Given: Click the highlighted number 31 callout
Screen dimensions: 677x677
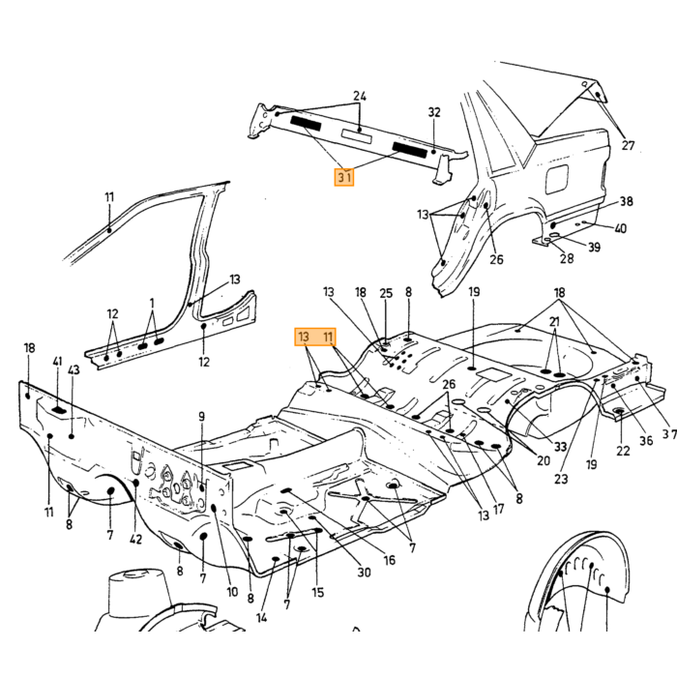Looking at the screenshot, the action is point(344,177).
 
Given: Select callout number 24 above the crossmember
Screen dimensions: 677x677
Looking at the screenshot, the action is point(360,96).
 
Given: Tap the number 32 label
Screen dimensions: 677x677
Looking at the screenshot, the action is point(434,112).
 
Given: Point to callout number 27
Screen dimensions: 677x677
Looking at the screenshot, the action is point(628,145).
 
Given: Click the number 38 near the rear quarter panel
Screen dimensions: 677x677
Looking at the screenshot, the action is point(627,201).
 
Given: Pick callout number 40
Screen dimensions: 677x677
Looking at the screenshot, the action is point(621,228).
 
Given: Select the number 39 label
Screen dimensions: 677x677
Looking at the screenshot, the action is point(595,247).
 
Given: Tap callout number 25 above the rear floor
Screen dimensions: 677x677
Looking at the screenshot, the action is point(386,294).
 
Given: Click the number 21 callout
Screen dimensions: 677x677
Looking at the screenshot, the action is point(554,322).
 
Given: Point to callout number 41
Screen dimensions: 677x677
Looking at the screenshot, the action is point(57,362).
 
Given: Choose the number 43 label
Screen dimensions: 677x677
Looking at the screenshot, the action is point(74,370).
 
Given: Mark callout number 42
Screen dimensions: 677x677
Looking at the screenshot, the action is point(135,540).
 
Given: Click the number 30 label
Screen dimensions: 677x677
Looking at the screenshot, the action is point(364,573).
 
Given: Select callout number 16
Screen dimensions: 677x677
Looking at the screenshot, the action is point(390,560).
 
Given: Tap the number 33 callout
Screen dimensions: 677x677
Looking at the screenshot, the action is point(560,447).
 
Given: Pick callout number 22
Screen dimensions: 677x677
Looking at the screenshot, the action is point(623,451).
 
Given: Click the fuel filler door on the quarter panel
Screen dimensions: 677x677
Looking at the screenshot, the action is point(556,178).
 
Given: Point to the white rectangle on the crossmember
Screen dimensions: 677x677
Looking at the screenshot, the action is point(356,135).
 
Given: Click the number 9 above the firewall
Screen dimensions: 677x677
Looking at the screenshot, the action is point(201,417).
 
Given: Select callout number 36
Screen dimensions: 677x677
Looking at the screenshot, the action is point(646,440).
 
